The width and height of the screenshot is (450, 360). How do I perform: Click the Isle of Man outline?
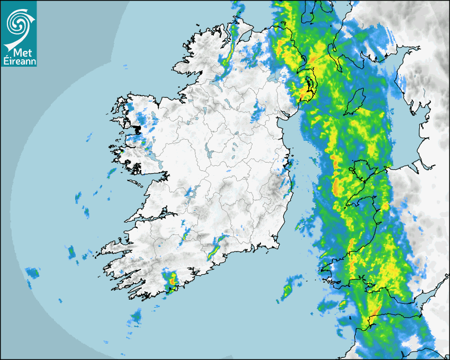356,102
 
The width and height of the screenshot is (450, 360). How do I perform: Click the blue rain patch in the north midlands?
258,111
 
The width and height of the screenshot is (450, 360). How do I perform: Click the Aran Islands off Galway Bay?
137,184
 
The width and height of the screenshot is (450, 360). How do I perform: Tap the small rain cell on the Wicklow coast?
290,165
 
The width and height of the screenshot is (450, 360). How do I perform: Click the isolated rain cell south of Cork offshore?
136,317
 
